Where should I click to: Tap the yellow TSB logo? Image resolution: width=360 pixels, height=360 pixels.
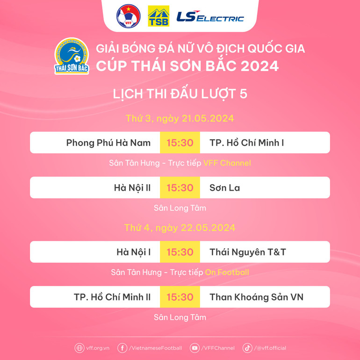(158, 16)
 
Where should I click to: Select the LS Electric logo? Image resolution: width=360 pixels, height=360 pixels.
(210, 17)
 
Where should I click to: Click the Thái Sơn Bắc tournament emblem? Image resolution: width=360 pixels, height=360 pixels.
(72, 57)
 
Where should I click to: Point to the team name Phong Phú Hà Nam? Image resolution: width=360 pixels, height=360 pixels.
(108, 143)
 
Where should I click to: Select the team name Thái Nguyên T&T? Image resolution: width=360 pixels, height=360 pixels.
(248, 252)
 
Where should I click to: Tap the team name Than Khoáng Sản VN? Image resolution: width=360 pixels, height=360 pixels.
(256, 297)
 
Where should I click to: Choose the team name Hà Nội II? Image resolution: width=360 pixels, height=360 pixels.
(132, 187)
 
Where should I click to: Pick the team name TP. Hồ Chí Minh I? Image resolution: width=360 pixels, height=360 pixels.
(247, 143)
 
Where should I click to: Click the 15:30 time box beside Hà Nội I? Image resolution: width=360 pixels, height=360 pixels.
(180, 252)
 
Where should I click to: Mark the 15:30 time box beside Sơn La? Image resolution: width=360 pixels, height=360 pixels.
(180, 187)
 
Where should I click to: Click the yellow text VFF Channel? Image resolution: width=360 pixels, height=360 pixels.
(227, 163)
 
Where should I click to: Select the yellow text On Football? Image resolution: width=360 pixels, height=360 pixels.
(227, 272)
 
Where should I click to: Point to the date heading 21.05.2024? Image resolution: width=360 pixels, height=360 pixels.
(180, 118)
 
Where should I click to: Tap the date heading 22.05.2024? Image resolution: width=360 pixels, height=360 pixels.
(180, 228)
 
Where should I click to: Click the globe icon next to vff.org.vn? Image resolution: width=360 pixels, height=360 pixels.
(79, 348)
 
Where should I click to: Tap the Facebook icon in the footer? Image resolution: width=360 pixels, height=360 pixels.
(122, 348)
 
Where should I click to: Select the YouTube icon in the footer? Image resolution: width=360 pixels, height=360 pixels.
(195, 348)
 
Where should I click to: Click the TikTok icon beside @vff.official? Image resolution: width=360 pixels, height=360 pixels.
(247, 348)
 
